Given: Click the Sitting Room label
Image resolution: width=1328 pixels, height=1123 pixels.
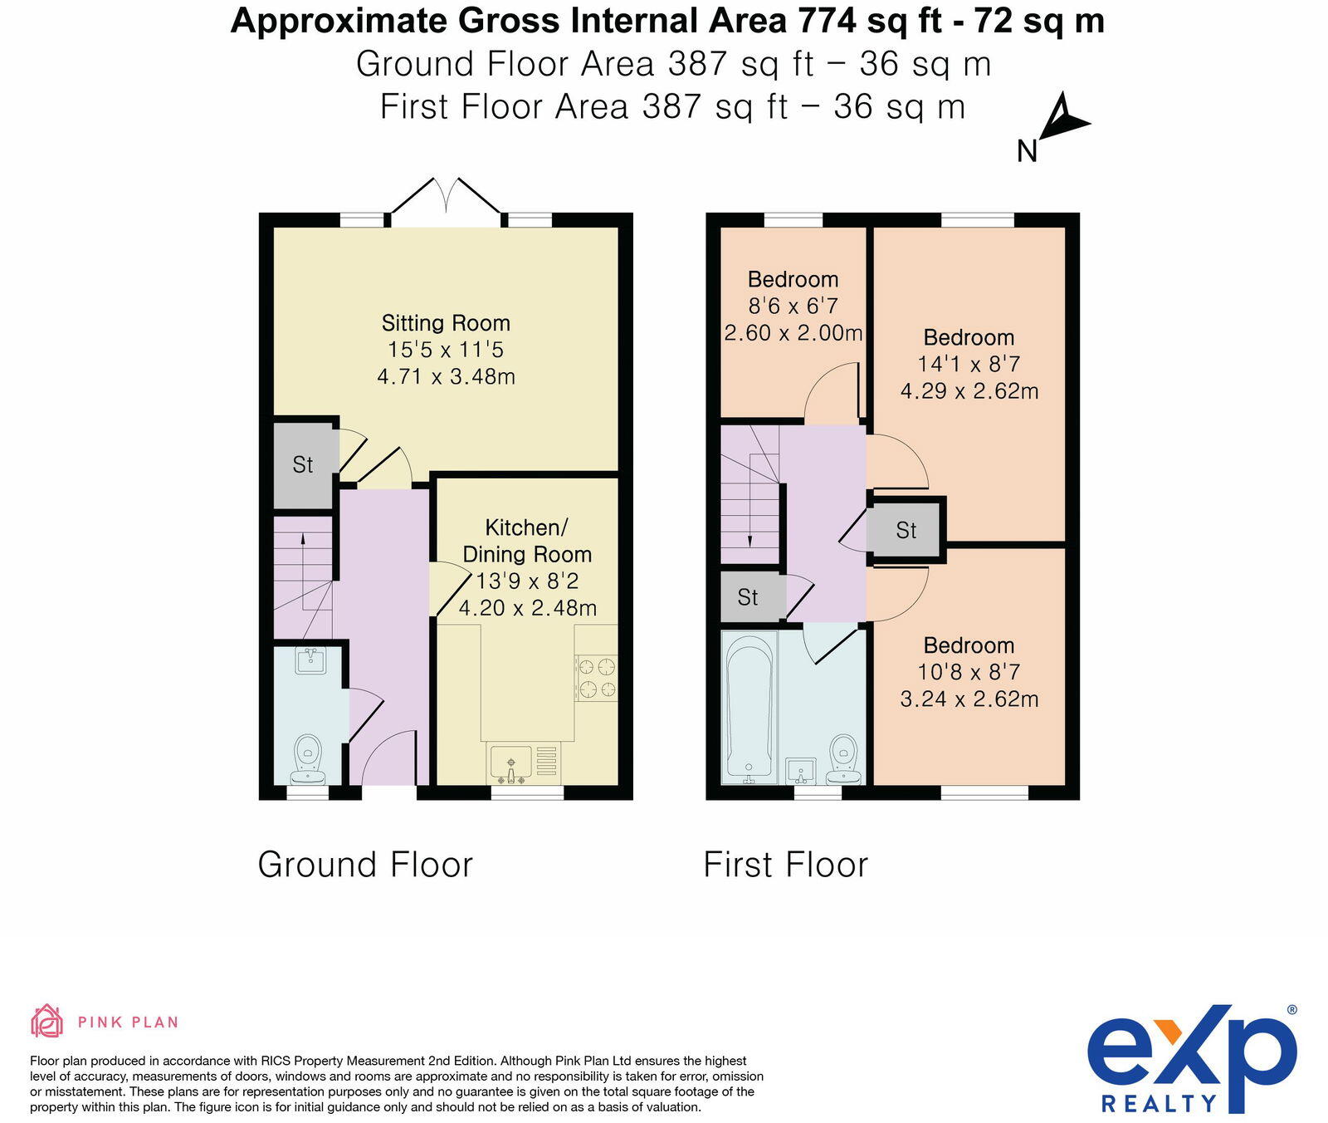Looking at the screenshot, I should coord(446,323).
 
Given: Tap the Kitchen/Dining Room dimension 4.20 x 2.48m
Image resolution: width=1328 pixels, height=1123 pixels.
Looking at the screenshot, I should coord(527,608).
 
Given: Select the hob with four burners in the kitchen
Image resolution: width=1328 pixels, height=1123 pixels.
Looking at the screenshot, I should coord(597,677).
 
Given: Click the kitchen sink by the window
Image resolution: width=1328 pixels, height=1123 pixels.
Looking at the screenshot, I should coord(511,763).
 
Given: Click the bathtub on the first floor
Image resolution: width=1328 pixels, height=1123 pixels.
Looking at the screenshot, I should coord(749,706).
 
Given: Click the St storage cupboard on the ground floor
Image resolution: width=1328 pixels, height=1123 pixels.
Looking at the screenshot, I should coord(303,465).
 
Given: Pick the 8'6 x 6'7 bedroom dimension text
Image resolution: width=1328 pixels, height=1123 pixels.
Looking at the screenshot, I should coord(793,306).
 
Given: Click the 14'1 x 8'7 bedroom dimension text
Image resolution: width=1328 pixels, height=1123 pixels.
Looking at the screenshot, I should coord(969,364).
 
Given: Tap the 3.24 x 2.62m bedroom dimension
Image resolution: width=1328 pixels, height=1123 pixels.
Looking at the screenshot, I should coord(969,699).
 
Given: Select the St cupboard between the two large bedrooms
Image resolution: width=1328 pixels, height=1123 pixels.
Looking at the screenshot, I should coord(906,530).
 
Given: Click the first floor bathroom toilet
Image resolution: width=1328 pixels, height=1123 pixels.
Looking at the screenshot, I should coord(844,758).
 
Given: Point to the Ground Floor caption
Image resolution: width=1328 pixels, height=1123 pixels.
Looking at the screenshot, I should coord(365,865).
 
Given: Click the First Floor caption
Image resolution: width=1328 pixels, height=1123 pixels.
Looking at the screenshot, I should coord(785,865).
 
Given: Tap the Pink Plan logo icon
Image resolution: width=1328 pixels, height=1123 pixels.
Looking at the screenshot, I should coord(46,1021).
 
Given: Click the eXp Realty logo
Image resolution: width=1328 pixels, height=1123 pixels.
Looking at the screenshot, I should coord(1191,1059).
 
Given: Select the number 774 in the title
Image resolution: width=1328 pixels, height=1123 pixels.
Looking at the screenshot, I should coord(827,21).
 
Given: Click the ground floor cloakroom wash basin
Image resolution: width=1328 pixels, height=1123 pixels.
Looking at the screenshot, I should coord(310,662).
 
